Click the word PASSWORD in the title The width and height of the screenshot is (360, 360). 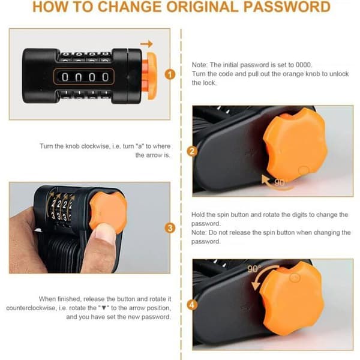287,7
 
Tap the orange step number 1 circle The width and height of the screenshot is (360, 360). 170,74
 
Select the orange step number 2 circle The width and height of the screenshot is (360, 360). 192,151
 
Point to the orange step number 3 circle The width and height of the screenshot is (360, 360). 170,228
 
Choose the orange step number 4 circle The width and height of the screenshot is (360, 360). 192,305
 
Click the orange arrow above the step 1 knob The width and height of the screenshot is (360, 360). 146,44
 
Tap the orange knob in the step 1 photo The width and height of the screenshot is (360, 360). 149,76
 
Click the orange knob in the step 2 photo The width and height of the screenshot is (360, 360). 295,145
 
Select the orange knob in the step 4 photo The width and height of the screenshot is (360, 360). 292,298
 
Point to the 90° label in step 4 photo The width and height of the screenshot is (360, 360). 254,269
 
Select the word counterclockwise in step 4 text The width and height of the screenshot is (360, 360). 31,308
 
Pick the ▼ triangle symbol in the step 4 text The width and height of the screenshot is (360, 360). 104,308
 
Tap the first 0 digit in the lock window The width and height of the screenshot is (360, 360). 65,77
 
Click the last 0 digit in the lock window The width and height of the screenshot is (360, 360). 106,77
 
